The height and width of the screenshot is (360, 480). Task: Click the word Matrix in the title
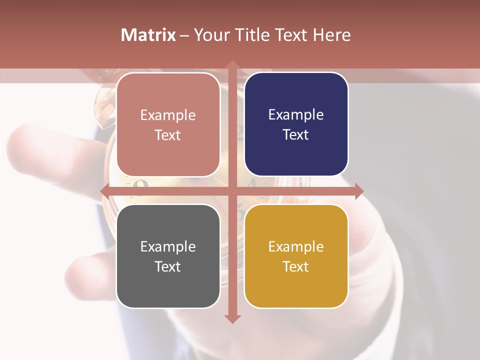pyautogui.click(x=148, y=35)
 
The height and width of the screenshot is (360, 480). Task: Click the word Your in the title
pyautogui.click(x=210, y=35)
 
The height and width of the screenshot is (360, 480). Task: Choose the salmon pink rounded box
pyautogui.click(x=168, y=124)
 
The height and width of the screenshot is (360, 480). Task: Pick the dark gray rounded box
pyautogui.click(x=168, y=256)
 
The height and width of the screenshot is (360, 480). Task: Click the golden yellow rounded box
pyautogui.click(x=296, y=256)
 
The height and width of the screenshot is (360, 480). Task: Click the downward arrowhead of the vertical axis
pyautogui.click(x=232, y=318)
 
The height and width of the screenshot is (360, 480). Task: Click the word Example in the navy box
pyautogui.click(x=296, y=114)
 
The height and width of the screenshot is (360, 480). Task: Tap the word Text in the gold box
pyautogui.click(x=296, y=266)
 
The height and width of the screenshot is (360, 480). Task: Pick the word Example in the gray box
pyautogui.click(x=168, y=246)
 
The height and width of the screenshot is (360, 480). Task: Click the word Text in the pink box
pyautogui.click(x=168, y=135)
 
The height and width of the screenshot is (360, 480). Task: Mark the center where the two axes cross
pyautogui.click(x=232, y=191)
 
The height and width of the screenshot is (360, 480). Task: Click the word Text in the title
pyautogui.click(x=290, y=35)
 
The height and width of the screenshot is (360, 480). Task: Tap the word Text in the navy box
pyautogui.click(x=296, y=134)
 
